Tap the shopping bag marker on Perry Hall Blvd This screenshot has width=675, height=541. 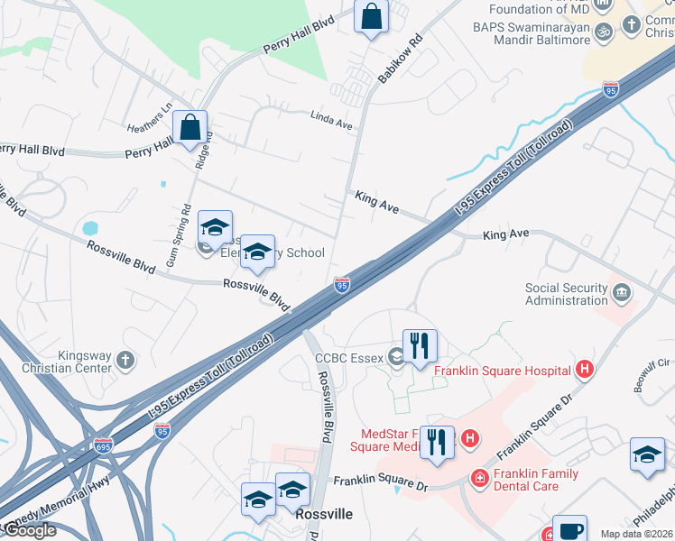(x=190, y=129)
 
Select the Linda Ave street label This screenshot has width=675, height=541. (x=330, y=119)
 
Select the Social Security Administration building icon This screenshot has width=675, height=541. (x=621, y=293)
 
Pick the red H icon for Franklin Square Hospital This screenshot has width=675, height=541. (x=585, y=370)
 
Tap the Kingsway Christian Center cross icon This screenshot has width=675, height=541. (x=125, y=361)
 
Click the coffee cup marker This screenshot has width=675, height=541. (x=569, y=530)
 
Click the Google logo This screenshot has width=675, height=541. (x=30, y=531)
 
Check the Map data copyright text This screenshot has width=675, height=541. (x=636, y=534)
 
